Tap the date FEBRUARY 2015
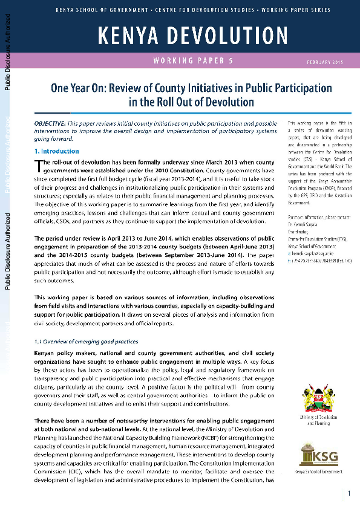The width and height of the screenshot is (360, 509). pyautogui.click(x=326, y=62)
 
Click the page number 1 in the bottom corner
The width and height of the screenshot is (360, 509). pyautogui.click(x=349, y=494)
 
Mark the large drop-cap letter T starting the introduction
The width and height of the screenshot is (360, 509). pyautogui.click(x=38, y=166)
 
